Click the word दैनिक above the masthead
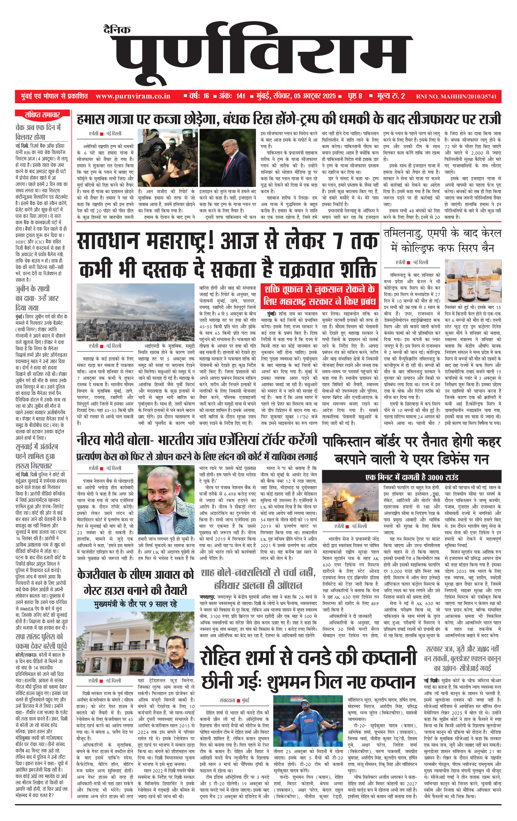(x=117, y=30)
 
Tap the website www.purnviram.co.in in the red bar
(x=133, y=96)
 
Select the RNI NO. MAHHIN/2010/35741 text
(x=456, y=97)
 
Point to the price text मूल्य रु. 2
(x=391, y=96)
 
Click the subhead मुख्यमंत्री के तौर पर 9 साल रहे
(x=135, y=604)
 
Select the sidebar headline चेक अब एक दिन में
(x=38, y=128)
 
